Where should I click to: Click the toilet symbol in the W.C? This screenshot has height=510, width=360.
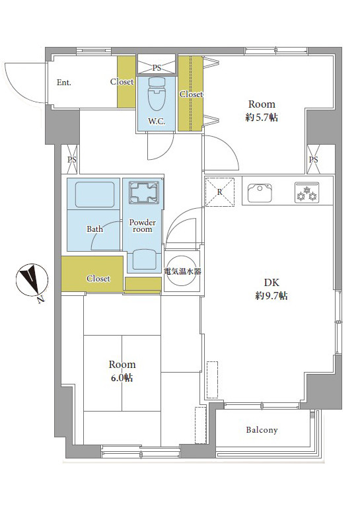(x=157, y=94)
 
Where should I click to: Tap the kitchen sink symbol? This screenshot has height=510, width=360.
(x=260, y=193)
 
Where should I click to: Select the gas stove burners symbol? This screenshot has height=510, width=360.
(x=306, y=192)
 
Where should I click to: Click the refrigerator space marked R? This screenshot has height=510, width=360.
(x=219, y=192)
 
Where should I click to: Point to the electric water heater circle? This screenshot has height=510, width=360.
(x=182, y=271)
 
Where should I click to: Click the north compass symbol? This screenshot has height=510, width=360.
(x=32, y=280)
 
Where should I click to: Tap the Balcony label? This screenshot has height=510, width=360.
(x=262, y=430)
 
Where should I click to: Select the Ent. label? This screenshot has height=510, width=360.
(x=63, y=83)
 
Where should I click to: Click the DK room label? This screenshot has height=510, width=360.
(x=271, y=282)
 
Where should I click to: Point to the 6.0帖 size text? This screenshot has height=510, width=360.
(x=122, y=378)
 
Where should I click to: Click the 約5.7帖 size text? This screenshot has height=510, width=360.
(x=262, y=117)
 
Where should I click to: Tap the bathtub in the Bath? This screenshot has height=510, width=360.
(x=94, y=194)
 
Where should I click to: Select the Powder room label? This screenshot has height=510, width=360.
(x=143, y=226)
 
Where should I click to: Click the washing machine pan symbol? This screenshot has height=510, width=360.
(x=144, y=194)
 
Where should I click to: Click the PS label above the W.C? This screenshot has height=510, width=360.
(x=157, y=67)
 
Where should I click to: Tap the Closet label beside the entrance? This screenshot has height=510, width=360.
(x=122, y=82)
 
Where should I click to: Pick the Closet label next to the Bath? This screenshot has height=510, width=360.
(x=98, y=278)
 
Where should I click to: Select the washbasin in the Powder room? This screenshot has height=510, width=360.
(x=145, y=259)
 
